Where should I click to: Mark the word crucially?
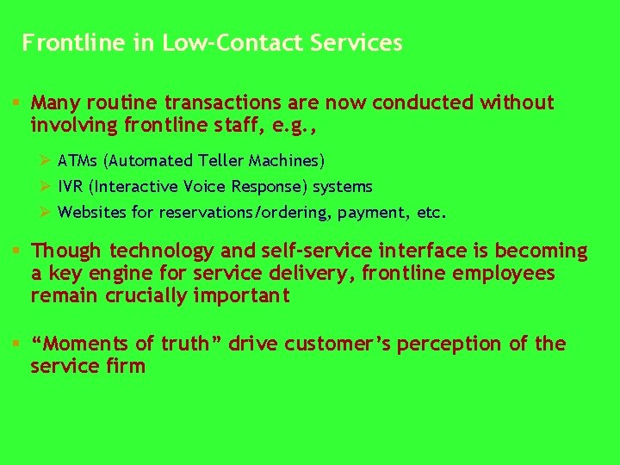click(146, 296)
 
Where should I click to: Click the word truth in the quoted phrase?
click(178, 344)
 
